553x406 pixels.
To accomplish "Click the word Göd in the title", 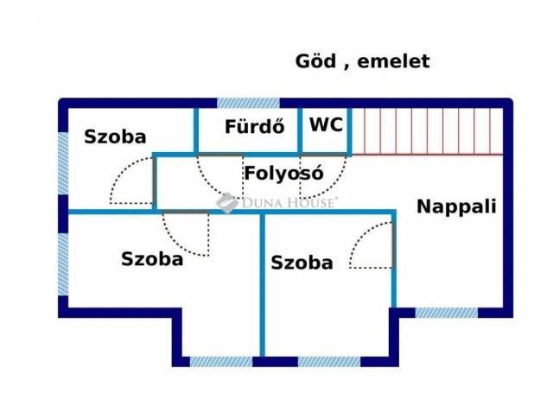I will click(x=314, y=62).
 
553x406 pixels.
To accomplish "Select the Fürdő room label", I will click(x=255, y=127).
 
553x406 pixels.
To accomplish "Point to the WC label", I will click(x=326, y=124).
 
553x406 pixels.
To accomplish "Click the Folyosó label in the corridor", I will click(x=283, y=172).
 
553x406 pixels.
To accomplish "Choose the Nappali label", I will click(x=456, y=206).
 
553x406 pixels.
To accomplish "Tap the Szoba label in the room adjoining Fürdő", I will click(x=115, y=136).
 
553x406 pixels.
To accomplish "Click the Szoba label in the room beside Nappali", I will click(x=302, y=263).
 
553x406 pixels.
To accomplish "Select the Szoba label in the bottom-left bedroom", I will click(x=152, y=258).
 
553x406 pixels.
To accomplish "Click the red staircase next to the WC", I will click(x=427, y=130).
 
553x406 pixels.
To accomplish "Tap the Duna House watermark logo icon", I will click(x=226, y=203).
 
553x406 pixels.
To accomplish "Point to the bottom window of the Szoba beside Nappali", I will click(x=327, y=361).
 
